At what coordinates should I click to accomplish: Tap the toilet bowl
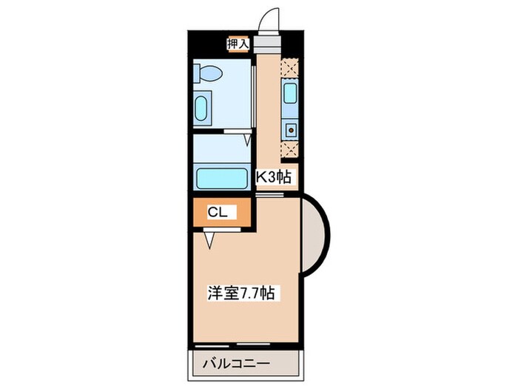pyautogui.click(x=209, y=73)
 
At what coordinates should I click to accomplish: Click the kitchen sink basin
pyautogui.click(x=289, y=94)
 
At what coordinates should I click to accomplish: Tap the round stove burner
pyautogui.click(x=291, y=130)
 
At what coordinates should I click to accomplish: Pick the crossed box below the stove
pyautogui.click(x=290, y=149)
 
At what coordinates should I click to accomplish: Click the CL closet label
pyautogui.click(x=217, y=213)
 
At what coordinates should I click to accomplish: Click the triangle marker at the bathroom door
pyautogui.click(x=247, y=139)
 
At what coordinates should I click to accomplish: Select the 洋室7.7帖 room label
pyautogui.click(x=240, y=293)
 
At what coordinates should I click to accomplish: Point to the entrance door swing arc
pyautogui.click(x=269, y=18)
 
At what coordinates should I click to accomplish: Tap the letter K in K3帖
pyautogui.click(x=261, y=178)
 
